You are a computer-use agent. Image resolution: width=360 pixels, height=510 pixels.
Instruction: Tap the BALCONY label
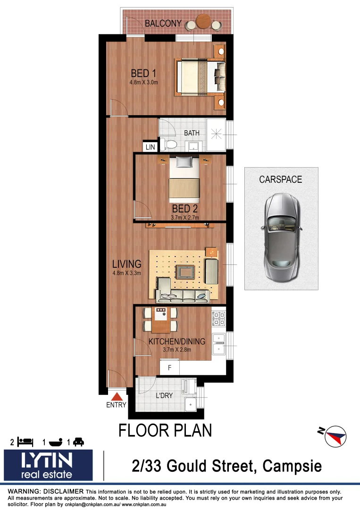(x=163, y=23)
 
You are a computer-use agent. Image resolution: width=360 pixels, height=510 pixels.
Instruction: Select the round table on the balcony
(x=203, y=22)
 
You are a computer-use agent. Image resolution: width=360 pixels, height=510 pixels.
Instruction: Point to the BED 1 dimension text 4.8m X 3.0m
(x=143, y=82)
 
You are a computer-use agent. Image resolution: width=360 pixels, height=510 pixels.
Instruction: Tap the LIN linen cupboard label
(x=150, y=147)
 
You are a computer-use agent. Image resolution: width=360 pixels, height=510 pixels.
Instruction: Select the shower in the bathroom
(x=217, y=135)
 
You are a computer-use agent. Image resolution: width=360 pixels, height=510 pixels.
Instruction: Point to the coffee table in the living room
(x=185, y=272)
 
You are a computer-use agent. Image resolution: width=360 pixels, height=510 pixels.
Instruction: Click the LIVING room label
(x=126, y=264)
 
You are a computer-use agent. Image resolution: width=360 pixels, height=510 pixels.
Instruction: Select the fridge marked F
(x=169, y=367)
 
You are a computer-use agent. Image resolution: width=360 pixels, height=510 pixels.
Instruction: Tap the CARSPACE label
(x=280, y=179)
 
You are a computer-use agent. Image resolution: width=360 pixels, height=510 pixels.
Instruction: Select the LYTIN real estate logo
(x=48, y=465)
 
